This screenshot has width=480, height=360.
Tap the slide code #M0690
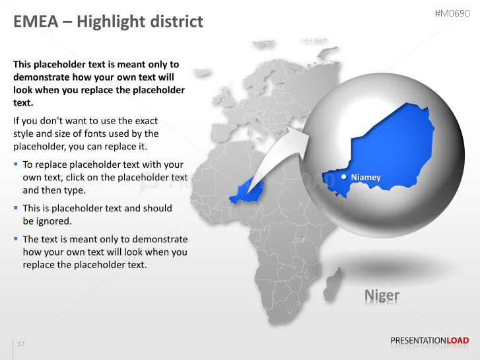[x=452, y=13]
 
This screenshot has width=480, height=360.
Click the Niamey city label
[x=366, y=178]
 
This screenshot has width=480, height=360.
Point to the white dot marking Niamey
[x=344, y=177]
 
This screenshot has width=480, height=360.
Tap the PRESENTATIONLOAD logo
[x=429, y=341]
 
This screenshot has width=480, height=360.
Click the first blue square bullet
[x=16, y=163]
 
